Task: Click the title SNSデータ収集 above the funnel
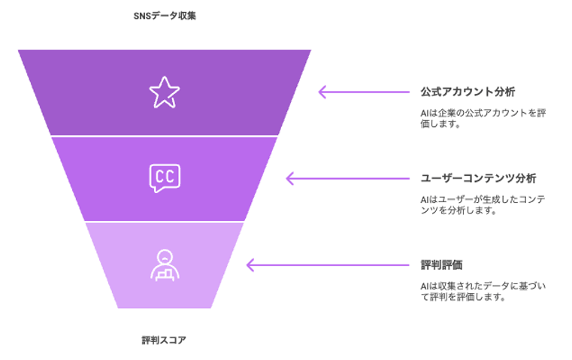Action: pos(165,16)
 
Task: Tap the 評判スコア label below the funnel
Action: pos(164,340)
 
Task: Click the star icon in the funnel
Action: pos(165,92)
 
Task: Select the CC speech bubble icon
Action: pos(165,178)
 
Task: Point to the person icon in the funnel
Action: pos(165,265)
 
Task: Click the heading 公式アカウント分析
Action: pos(468,92)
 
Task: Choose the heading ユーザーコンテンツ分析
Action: pos(478,178)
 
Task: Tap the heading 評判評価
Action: pos(441,265)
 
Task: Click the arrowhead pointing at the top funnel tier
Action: pos(322,92)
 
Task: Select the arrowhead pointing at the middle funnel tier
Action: pos(289,178)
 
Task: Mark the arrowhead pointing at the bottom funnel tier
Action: pos(250,265)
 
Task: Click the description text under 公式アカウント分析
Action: pos(483,118)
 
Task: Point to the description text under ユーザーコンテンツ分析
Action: pos(483,204)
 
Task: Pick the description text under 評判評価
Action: pos(483,292)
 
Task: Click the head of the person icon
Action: pos(165,256)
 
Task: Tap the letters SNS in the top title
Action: pos(142,16)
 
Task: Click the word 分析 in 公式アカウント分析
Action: pos(504,92)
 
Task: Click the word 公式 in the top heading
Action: pos(431,92)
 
